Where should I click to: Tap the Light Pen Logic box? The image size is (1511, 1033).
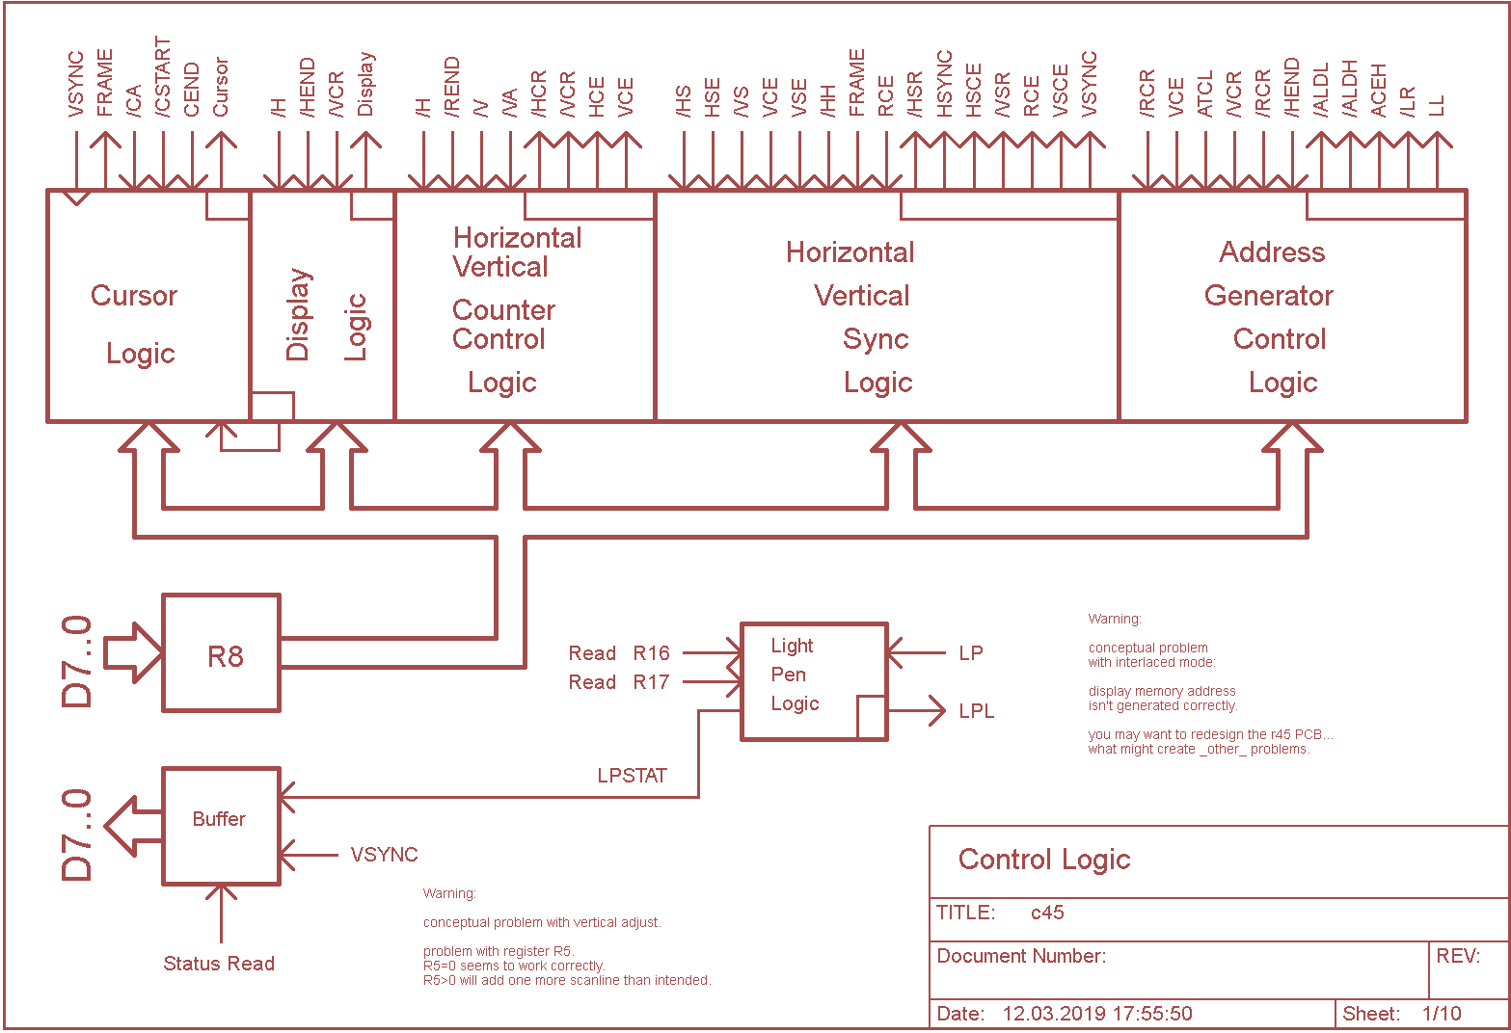(x=813, y=681)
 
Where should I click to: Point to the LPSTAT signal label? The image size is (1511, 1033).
(x=632, y=776)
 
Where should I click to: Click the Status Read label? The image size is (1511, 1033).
(x=219, y=964)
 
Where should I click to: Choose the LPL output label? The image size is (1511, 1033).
(x=976, y=711)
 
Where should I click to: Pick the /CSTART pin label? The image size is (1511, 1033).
(x=163, y=78)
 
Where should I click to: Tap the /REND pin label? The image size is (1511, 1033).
(x=452, y=88)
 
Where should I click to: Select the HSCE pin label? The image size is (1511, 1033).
(x=973, y=91)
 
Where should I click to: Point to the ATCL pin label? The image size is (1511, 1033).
(x=1204, y=93)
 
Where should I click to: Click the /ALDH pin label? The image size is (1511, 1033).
(x=1349, y=89)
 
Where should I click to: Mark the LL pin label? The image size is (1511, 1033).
(x=1437, y=105)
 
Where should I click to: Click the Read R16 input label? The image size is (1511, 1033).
(x=618, y=653)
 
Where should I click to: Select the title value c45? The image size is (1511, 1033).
(x=1047, y=913)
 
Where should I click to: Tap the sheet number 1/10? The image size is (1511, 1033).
(x=1442, y=1014)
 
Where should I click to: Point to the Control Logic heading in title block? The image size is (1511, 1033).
(x=1043, y=860)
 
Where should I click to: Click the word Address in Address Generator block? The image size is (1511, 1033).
(x=1272, y=252)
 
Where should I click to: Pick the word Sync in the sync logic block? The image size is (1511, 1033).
(x=876, y=339)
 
